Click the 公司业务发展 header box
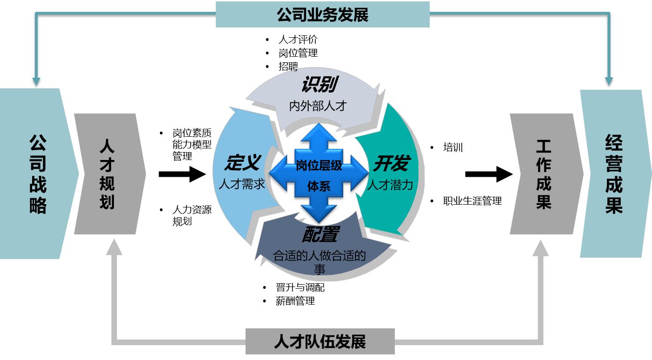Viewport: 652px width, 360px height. [x=322, y=15]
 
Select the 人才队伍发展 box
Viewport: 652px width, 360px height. [x=320, y=342]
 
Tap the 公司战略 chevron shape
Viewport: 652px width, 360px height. [x=37, y=174]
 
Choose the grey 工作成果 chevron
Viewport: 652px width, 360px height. [x=544, y=174]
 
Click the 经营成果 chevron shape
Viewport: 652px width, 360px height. [x=614, y=174]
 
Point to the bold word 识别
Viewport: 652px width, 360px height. [x=319, y=85]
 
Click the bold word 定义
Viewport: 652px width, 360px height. [x=242, y=163]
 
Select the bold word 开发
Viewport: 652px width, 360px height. [x=391, y=163]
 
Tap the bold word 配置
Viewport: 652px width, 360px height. [x=320, y=235]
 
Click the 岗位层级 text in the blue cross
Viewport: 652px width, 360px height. [x=319, y=166]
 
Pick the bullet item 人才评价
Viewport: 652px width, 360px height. [x=298, y=40]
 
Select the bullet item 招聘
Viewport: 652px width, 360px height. [x=288, y=67]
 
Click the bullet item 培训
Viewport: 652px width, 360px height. [x=453, y=148]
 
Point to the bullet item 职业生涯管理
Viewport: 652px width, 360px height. [x=472, y=201]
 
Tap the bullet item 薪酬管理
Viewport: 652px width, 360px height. [x=295, y=301]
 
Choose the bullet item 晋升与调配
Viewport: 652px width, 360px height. [x=300, y=287]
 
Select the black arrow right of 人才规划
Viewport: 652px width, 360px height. [x=182, y=174]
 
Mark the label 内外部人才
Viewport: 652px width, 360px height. [x=318, y=106]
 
